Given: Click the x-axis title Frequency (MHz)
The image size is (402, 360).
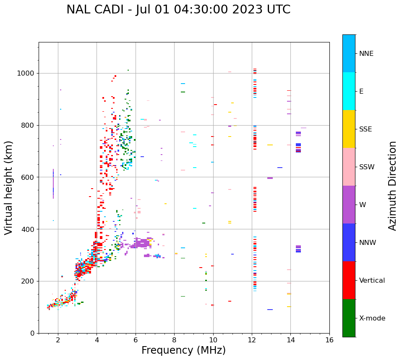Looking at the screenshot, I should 183,350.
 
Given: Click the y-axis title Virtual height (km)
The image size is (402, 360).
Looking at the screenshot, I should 9,188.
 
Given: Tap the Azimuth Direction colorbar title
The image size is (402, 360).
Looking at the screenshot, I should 392,186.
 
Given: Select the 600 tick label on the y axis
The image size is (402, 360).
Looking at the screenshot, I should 30,177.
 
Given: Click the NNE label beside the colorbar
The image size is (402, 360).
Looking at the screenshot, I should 366,54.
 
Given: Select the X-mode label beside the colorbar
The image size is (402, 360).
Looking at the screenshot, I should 372,318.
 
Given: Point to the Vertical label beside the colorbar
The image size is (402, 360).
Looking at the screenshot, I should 372,281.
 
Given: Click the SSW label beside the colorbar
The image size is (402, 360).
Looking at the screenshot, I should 367,167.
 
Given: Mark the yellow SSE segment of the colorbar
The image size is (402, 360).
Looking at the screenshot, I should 349,129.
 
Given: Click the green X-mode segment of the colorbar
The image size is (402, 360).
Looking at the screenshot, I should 349,318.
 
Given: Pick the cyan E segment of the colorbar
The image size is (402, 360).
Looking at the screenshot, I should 349,91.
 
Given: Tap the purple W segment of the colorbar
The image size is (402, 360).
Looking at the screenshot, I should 349,205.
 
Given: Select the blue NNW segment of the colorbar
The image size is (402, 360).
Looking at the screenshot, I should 349,242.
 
